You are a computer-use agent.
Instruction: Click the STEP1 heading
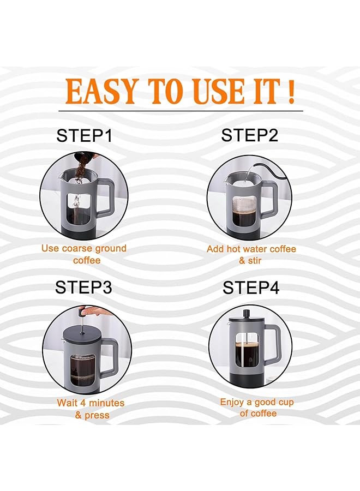[85, 135]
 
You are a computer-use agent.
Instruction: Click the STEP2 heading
[250, 135]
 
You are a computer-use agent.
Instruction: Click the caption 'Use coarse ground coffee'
[84, 254]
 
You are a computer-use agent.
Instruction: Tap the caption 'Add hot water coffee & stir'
[251, 255]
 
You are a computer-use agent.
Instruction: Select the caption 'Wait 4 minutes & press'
[91, 409]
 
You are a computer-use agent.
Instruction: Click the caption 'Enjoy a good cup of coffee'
[256, 408]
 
